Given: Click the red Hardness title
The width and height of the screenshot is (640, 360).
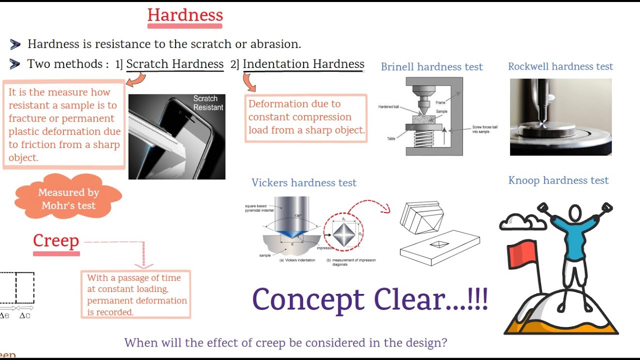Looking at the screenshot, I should point(185,15).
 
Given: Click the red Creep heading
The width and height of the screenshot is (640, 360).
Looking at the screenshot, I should point(56,240).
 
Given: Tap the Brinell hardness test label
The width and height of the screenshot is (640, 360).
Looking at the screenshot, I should point(431,67).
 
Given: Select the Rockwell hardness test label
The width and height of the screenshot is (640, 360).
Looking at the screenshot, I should point(560,66).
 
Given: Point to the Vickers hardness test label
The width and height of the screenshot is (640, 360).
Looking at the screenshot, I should point(304,183).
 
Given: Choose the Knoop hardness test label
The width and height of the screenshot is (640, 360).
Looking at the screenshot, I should point(558,180).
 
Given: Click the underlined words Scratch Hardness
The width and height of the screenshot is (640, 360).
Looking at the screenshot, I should point(174,64).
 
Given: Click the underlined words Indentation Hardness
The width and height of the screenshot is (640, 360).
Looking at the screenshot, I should point(303,64).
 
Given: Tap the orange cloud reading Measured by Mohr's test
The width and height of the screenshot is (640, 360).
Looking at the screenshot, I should point(68,198).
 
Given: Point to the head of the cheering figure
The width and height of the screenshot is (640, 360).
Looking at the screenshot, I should point(575,212).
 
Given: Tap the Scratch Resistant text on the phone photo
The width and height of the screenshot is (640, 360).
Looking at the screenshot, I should point(208,103).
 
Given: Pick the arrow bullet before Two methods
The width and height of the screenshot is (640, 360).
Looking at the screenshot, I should point(15,64).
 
